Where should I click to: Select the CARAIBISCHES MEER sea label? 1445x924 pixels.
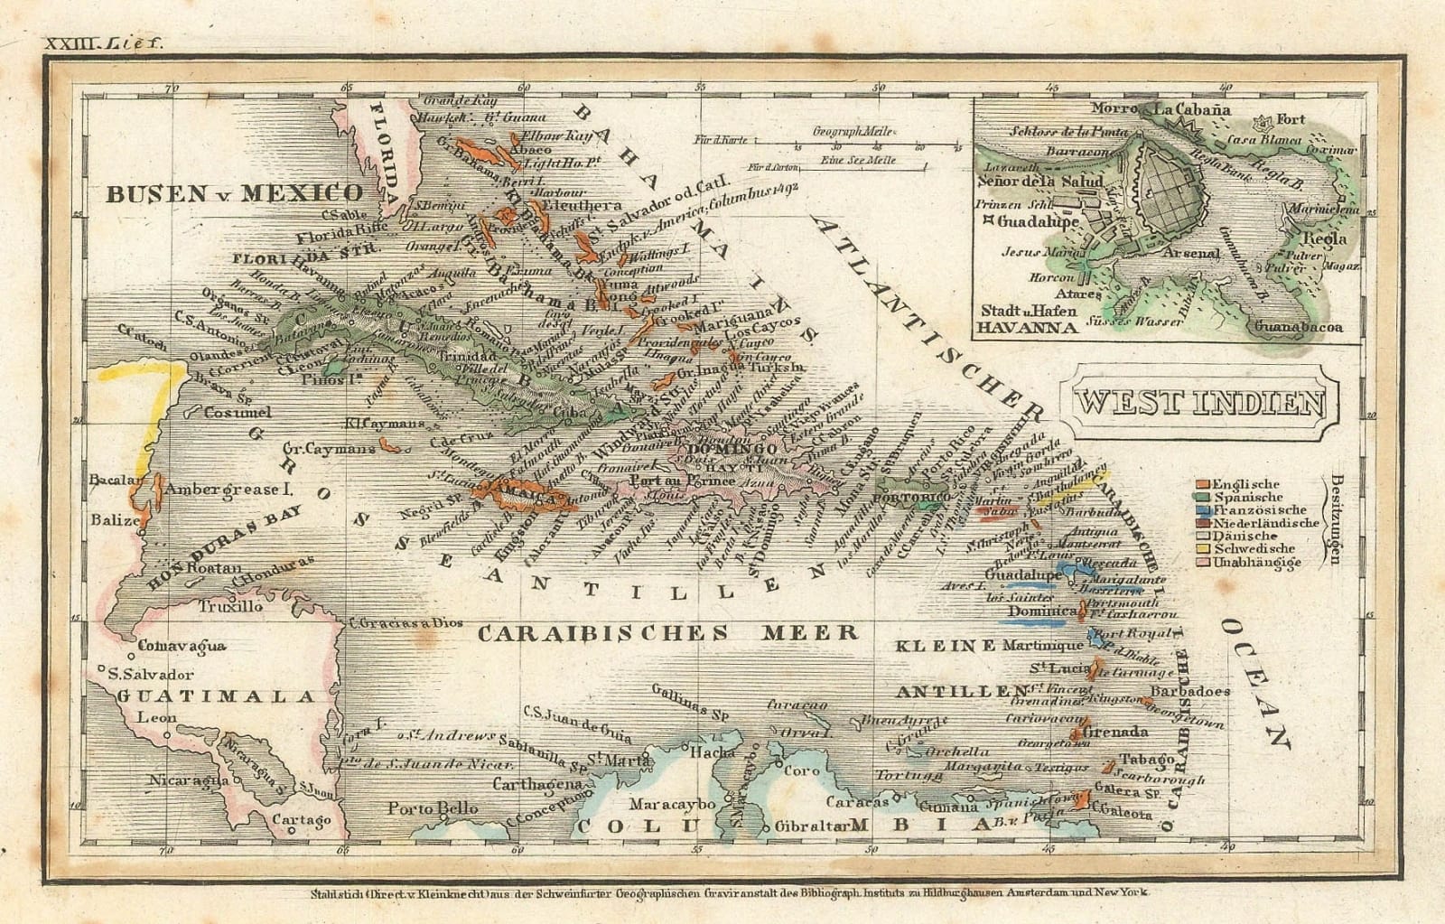(667, 632)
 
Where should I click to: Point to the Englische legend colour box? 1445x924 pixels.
(1202, 484)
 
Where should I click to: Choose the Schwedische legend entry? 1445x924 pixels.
(1254, 548)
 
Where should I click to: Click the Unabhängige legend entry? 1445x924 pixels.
(1257, 562)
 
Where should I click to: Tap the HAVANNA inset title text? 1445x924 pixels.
(1029, 327)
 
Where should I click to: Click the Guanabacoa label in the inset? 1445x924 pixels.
(1298, 329)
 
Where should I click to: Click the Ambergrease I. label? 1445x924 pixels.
(230, 490)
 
